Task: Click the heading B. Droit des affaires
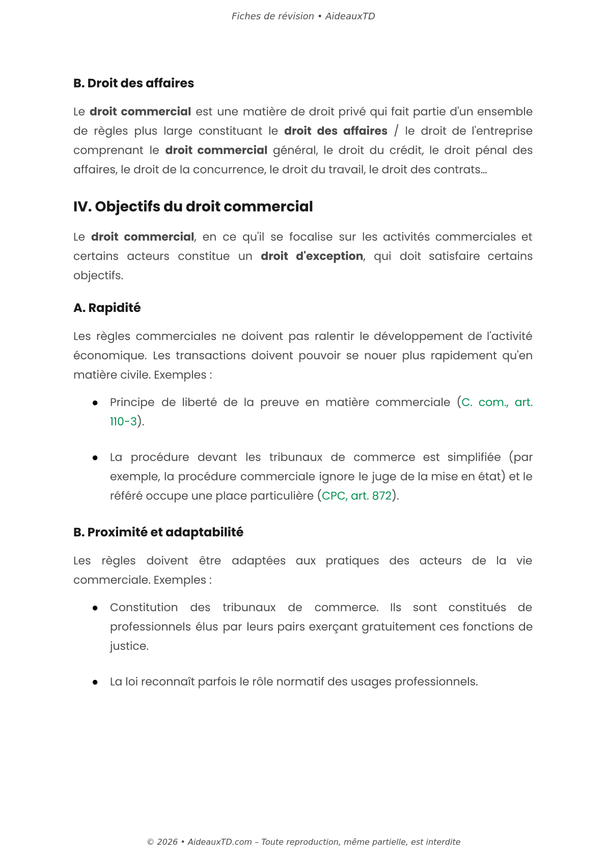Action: coord(133,83)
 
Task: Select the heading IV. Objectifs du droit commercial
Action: coord(193,207)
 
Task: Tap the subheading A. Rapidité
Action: coord(107,308)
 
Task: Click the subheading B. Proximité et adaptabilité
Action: coord(158,532)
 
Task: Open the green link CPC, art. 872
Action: coord(356,496)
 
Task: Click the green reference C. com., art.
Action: coord(496,403)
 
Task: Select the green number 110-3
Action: coord(123,422)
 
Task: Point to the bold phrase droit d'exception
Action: coord(312,256)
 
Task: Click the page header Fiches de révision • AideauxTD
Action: coord(303,16)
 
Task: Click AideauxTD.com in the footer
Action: coord(219,842)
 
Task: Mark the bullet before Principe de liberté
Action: coord(95,403)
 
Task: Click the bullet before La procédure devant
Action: coord(95,458)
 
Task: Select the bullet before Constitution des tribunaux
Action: coord(95,608)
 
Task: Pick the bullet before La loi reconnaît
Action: coord(95,682)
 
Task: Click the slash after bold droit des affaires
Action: coord(396,131)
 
